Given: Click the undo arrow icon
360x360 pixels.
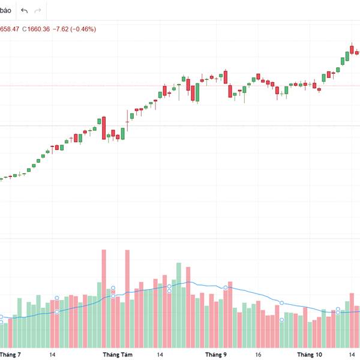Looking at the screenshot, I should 24,11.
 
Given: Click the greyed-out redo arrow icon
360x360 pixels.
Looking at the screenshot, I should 38,11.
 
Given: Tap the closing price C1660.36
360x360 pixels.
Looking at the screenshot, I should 36,29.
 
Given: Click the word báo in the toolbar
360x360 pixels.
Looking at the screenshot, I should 6,10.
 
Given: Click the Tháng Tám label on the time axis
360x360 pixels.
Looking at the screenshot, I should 118,355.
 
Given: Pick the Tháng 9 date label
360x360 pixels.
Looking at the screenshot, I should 216,355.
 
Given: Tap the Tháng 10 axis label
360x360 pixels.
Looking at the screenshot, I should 310,355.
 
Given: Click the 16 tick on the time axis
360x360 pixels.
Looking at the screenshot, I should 258,355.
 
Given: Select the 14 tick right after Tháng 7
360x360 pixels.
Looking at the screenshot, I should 53,355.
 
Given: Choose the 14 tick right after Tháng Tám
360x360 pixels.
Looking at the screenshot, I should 160,355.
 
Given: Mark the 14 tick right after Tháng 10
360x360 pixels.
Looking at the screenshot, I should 351,355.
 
